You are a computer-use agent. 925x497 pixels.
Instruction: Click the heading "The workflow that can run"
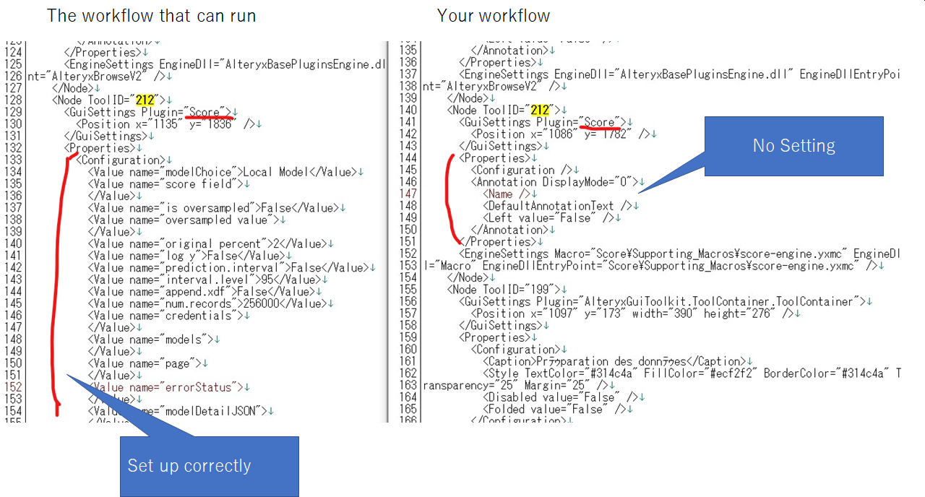pyautogui.click(x=151, y=16)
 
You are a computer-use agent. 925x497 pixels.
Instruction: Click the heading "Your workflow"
pyautogui.click(x=493, y=16)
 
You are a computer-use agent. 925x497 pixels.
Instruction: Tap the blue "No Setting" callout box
pyautogui.click(x=793, y=146)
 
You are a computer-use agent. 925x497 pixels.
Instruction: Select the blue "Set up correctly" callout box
pyautogui.click(x=209, y=466)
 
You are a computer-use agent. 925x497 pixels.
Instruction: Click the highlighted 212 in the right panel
pyautogui.click(x=540, y=110)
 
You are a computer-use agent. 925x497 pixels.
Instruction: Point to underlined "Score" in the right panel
pyautogui.click(x=599, y=122)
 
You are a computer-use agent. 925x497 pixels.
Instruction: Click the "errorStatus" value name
pyautogui.click(x=198, y=387)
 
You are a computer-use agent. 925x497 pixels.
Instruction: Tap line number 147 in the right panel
pyautogui.click(x=408, y=194)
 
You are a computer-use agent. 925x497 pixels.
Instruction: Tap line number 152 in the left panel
pyautogui.click(x=13, y=387)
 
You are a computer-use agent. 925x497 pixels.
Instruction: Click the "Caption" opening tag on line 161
pyautogui.click(x=509, y=361)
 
